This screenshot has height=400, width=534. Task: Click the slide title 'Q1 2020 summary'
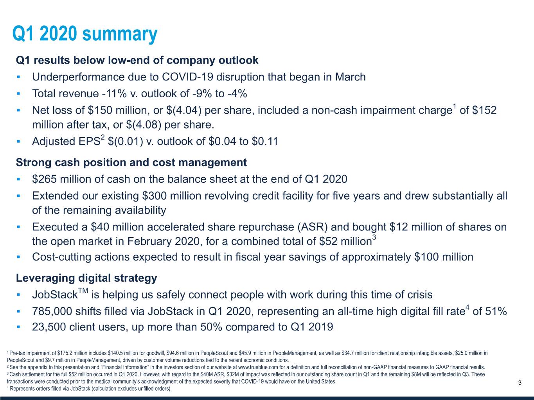[x=85, y=34]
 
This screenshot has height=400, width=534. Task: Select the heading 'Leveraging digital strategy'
[x=86, y=278]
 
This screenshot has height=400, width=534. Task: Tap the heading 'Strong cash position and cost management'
[x=131, y=162]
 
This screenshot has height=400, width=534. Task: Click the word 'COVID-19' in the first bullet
[x=187, y=77]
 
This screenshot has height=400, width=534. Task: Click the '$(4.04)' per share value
[x=184, y=110]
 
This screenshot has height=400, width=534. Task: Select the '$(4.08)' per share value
[x=144, y=125]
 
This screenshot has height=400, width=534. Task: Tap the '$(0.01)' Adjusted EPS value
[x=126, y=141]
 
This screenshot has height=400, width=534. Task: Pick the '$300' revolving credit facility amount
[x=154, y=196]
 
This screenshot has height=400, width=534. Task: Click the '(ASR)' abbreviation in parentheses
[x=312, y=227]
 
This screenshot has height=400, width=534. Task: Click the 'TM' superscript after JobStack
[x=83, y=291]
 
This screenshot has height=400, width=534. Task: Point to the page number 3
[x=520, y=383]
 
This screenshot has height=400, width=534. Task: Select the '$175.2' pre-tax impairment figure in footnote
[x=65, y=353]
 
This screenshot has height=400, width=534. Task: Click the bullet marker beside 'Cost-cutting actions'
[x=18, y=257]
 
